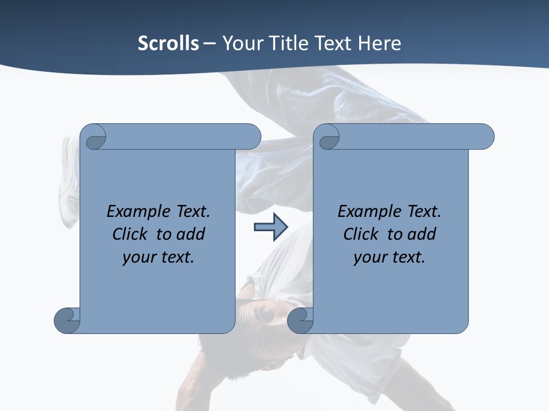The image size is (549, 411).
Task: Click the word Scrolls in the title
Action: tap(168, 43)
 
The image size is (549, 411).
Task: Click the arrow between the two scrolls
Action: tap(270, 227)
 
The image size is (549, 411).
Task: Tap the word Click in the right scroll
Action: tap(361, 234)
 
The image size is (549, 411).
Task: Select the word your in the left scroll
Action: tap(138, 257)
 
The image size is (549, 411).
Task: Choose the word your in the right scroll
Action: tap(369, 257)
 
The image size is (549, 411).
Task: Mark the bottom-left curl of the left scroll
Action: tap(67, 320)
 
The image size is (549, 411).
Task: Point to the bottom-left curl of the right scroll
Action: tap(300, 320)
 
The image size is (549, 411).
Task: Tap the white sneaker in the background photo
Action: tap(70, 183)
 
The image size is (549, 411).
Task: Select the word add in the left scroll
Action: tap(191, 234)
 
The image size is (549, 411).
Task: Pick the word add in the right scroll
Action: tap(422, 234)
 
